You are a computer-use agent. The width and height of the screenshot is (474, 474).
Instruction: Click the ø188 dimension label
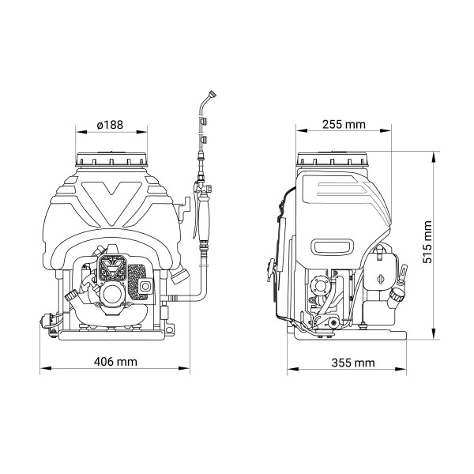[110, 125]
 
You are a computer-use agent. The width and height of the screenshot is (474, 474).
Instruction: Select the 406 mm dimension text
[115, 362]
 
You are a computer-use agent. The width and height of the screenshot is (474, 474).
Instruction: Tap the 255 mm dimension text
[344, 124]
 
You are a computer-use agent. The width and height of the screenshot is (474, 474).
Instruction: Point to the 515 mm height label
[427, 243]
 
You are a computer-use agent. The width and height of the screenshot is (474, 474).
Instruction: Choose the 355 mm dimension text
[353, 363]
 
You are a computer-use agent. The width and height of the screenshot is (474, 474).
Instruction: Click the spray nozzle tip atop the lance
[213, 93]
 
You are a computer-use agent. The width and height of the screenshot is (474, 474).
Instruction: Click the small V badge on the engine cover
[113, 268]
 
